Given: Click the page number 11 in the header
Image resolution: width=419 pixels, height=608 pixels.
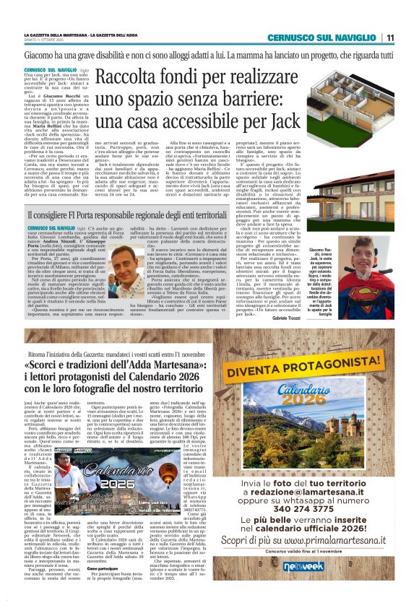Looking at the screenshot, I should click(390, 38).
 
